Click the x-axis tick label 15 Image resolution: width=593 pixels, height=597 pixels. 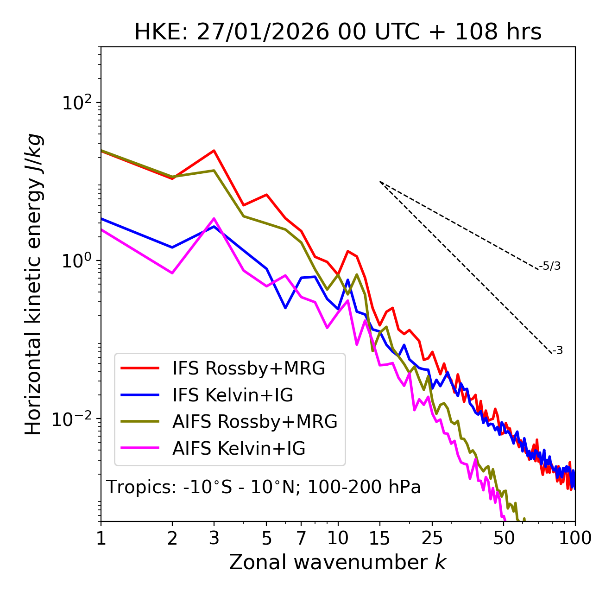[x=380, y=538]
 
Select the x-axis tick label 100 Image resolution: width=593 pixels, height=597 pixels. [x=575, y=538]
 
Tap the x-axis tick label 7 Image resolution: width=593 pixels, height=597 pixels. [x=301, y=538]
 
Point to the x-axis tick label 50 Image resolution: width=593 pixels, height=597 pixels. [x=504, y=538]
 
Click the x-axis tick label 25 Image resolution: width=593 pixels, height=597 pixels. [x=432, y=538]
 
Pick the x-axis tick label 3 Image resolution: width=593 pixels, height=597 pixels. [x=214, y=538]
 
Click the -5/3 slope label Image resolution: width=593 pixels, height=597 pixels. [x=550, y=267]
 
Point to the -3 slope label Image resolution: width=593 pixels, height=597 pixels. [x=557, y=351]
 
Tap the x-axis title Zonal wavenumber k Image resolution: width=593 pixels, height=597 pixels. [x=337, y=563]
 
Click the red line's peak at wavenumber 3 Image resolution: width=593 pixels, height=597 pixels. [x=214, y=150]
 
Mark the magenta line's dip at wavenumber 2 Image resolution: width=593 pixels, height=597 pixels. [x=172, y=273]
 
